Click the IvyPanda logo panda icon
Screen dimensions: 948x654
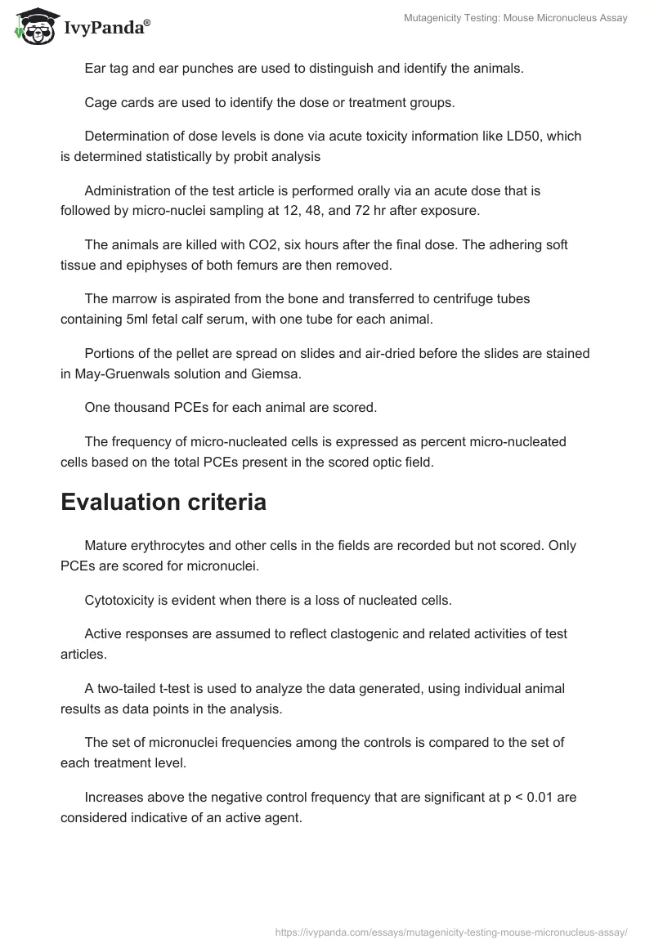(x=31, y=26)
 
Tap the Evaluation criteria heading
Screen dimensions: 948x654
(x=163, y=502)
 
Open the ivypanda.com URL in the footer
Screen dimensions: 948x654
(x=452, y=932)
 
